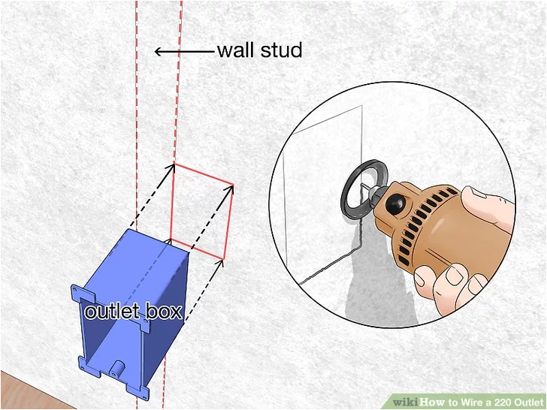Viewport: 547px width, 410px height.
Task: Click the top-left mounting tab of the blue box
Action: click(78, 289)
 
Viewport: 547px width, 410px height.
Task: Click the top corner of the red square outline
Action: click(174, 164)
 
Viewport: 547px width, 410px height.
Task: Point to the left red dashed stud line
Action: click(136, 113)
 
